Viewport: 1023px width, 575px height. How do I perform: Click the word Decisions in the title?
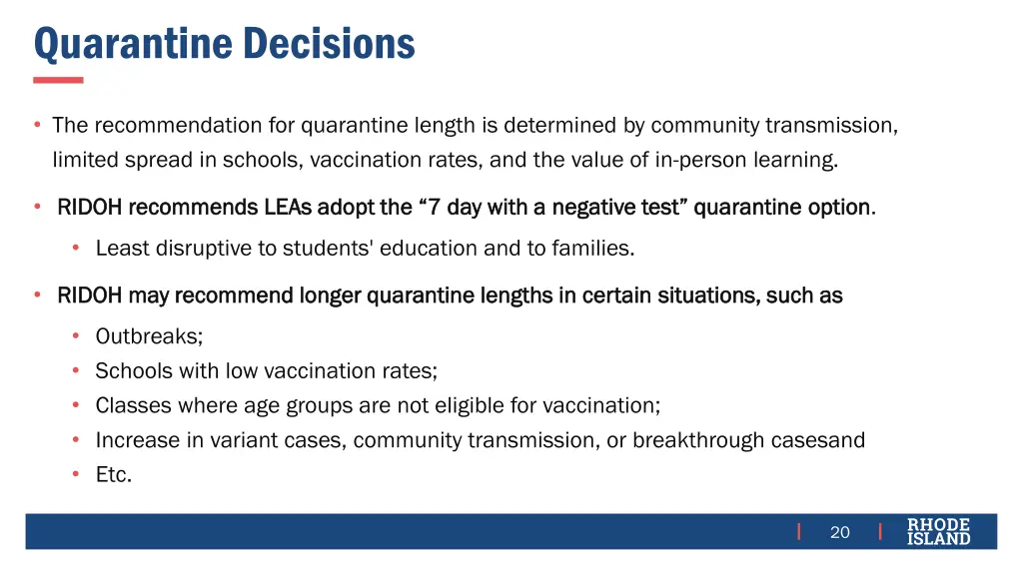329,44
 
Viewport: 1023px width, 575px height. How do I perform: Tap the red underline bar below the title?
58,80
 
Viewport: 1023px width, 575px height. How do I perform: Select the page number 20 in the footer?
840,532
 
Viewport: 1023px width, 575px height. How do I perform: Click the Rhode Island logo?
938,531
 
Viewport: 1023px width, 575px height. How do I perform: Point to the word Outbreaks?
149,336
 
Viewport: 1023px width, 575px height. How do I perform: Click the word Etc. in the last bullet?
113,475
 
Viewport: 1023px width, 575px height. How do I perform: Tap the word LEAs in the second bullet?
288,208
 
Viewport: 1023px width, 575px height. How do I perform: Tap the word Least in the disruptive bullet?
122,249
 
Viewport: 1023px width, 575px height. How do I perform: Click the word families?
596,249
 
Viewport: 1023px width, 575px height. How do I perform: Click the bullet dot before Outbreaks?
75,337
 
